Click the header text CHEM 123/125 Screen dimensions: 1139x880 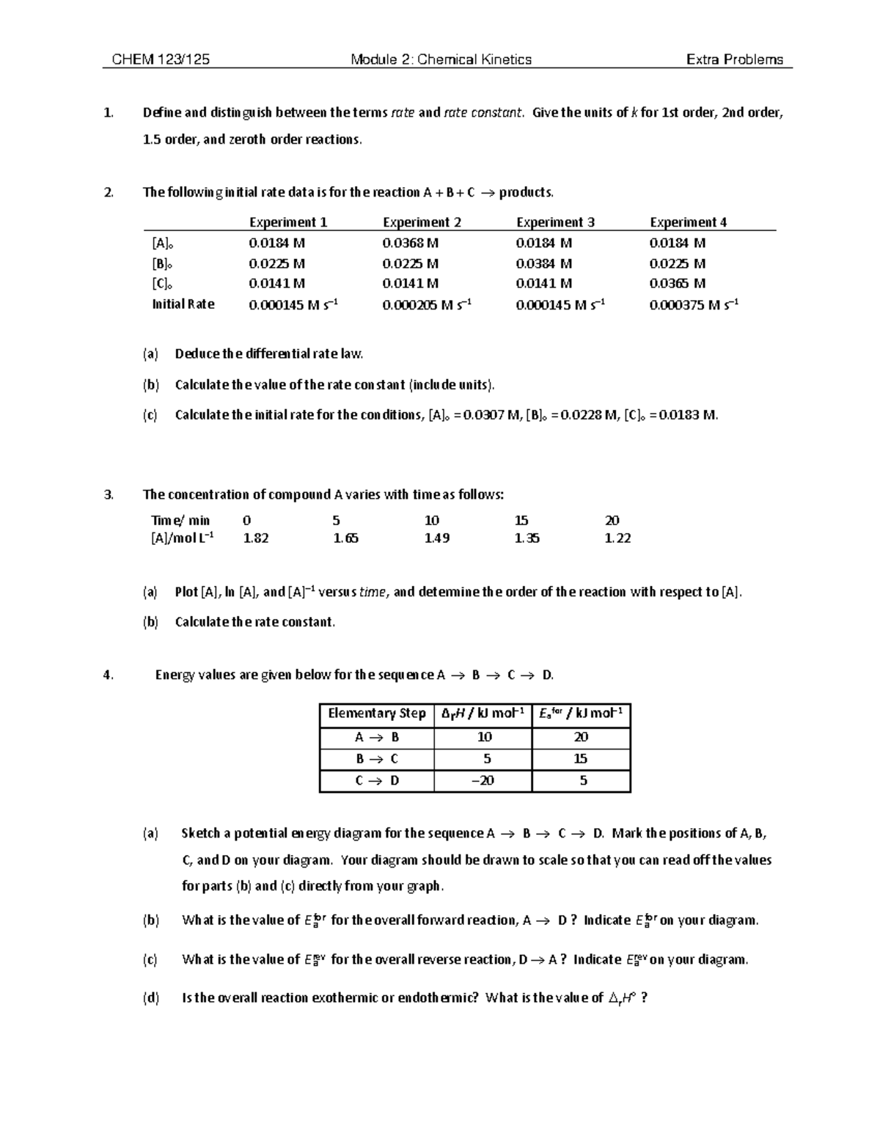pyautogui.click(x=161, y=60)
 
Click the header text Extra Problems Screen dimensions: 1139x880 pyautogui.click(x=734, y=60)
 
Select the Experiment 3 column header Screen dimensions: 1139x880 pyautogui.click(x=555, y=222)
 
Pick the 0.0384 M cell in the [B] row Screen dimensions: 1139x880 pyautogui.click(x=543, y=263)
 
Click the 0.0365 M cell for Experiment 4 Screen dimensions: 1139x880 pyautogui.click(x=677, y=283)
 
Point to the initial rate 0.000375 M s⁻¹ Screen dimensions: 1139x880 pyautogui.click(x=693, y=304)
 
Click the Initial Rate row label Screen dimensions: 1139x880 pyautogui.click(x=183, y=304)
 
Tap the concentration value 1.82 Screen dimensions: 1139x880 pyautogui.click(x=255, y=538)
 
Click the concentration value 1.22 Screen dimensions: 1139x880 pyautogui.click(x=617, y=538)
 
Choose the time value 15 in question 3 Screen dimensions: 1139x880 pyautogui.click(x=521, y=521)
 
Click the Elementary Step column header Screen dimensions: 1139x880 pyautogui.click(x=376, y=714)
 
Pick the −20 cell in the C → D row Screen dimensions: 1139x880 pyautogui.click(x=483, y=781)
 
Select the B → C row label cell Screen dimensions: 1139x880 pyautogui.click(x=376, y=759)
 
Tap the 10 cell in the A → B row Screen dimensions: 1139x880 pyautogui.click(x=484, y=737)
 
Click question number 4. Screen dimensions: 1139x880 pyautogui.click(x=109, y=675)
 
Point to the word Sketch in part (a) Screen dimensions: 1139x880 pyautogui.click(x=200, y=833)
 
